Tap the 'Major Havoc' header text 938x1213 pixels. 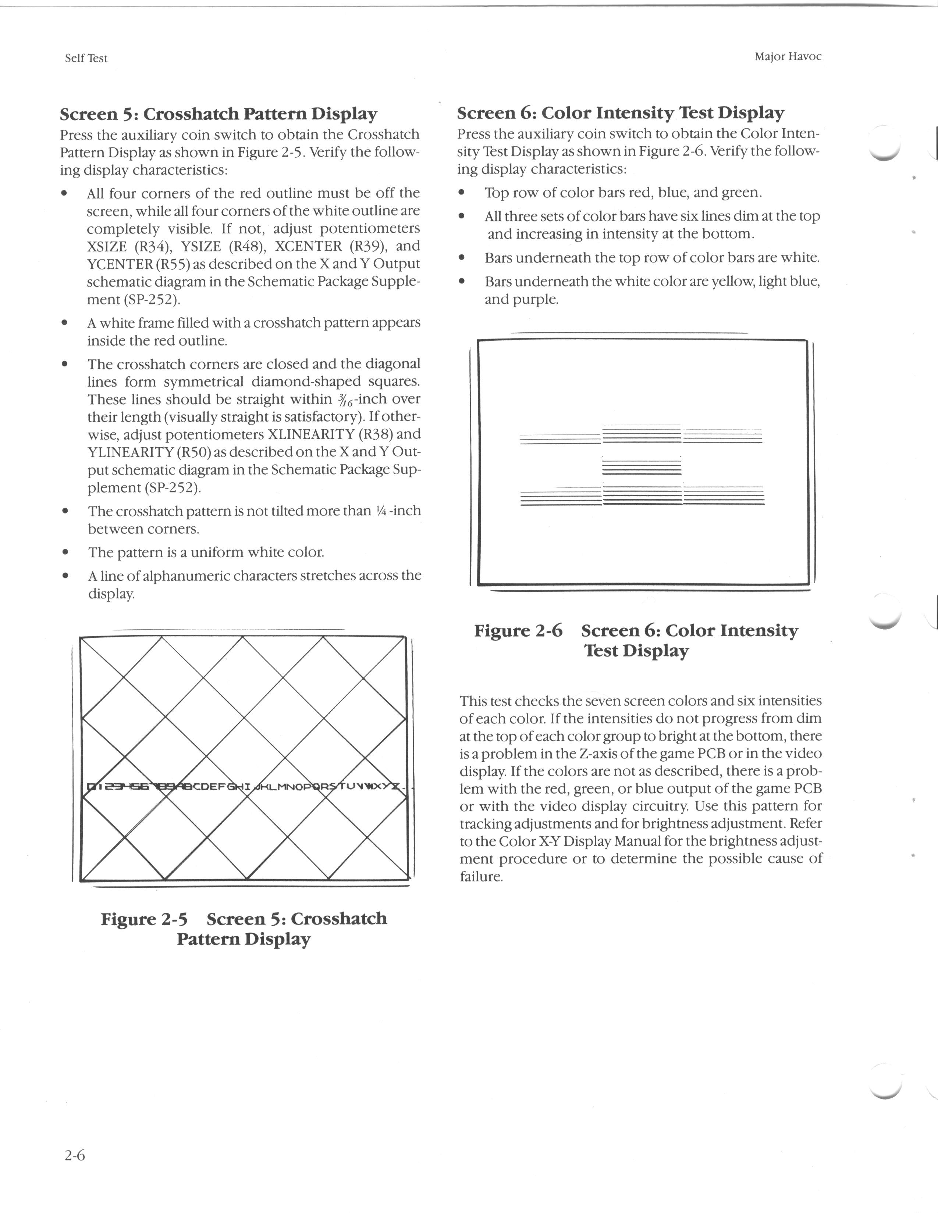pos(788,57)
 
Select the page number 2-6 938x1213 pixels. pos(74,1156)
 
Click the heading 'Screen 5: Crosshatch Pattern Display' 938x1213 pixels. pos(218,114)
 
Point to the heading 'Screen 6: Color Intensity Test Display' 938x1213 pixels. pos(620,113)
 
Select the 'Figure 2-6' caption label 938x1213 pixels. pos(518,631)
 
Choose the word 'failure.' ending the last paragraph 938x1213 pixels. pos(481,877)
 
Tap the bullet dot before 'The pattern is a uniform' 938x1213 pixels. pos(65,552)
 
